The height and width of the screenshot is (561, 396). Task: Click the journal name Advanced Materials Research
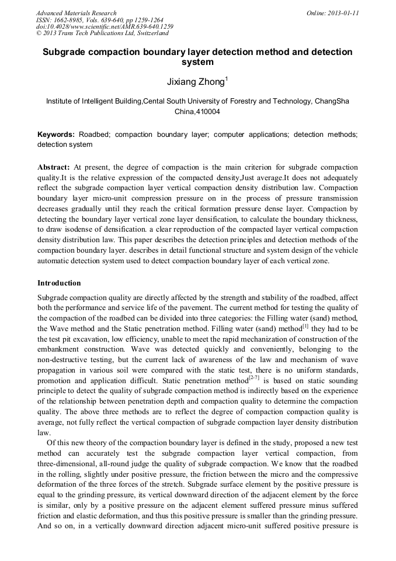tap(77, 13)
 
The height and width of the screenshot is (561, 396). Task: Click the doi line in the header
tap(105, 27)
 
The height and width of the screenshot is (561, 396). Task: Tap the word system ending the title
tap(197, 62)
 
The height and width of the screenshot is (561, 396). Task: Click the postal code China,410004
tap(197, 111)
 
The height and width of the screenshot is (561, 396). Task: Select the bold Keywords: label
tap(56, 135)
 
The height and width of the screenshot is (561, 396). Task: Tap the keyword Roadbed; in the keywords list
tap(94, 135)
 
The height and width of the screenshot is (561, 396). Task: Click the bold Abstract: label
tap(54, 167)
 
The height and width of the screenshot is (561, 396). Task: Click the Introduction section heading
tap(59, 283)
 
